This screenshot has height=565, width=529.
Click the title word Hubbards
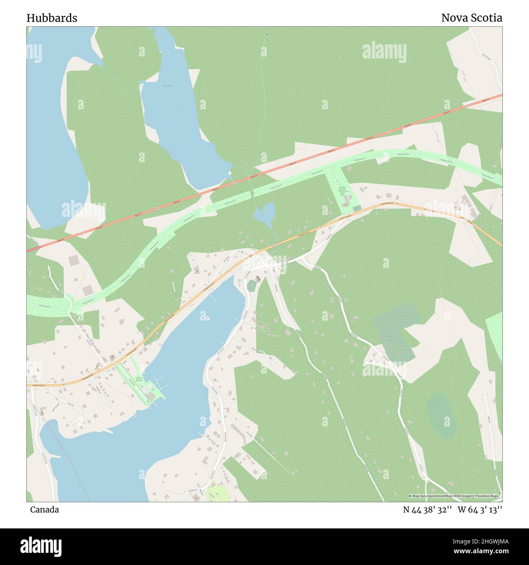click(52, 18)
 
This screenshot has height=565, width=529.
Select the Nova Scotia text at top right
click(471, 18)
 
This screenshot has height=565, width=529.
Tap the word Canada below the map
click(44, 510)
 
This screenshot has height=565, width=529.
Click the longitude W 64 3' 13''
click(480, 510)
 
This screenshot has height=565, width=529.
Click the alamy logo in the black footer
click(41, 545)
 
